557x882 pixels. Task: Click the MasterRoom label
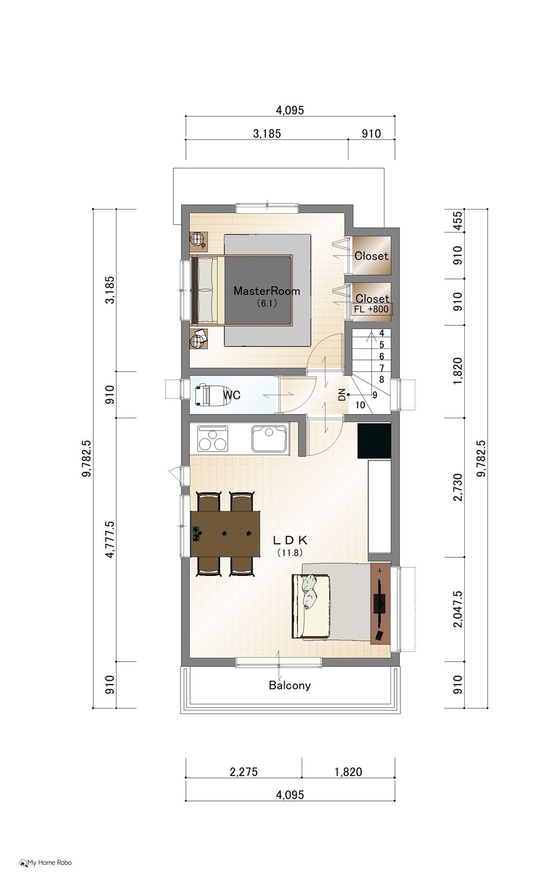pos(267,291)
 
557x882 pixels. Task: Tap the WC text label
pos(232,395)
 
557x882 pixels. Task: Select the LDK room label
pos(290,540)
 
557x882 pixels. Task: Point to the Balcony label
pos(290,686)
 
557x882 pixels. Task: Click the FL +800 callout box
pos(371,309)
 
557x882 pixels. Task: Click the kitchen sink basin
pos(270,438)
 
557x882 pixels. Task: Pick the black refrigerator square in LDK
pos(374,440)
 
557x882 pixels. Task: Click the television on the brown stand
pos(380,603)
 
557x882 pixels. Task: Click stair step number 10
pos(360,405)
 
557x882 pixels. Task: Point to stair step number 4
pos(381,333)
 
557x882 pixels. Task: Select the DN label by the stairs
pos(341,395)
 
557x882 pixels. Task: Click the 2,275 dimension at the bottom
pos(243,772)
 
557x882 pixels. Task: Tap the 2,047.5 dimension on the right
pos(458,609)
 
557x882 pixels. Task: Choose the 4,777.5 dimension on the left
pos(110,539)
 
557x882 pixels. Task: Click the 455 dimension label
pos(458,221)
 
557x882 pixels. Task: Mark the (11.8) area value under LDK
pos(290,552)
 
